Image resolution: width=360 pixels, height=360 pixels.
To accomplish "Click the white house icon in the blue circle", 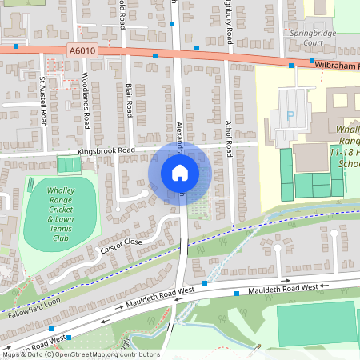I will [x=179, y=172].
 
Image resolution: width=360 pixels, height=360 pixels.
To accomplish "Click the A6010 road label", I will [x=82, y=50].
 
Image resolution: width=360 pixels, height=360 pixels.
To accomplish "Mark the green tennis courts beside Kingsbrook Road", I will [x=70, y=165].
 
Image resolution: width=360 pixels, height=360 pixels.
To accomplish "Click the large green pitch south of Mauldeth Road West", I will [x=317, y=323].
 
